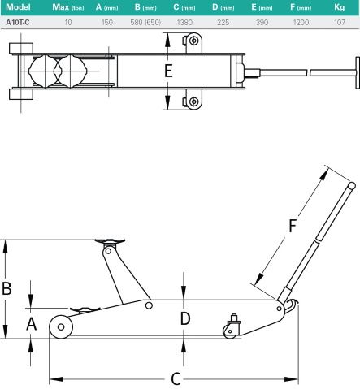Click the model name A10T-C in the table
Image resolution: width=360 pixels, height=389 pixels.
(x=18, y=23)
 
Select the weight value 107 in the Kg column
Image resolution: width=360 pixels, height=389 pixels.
(x=339, y=23)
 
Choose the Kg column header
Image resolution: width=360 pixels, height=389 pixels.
(x=339, y=7)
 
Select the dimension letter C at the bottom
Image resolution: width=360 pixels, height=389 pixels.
(x=175, y=378)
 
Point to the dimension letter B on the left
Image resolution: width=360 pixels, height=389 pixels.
(x=7, y=287)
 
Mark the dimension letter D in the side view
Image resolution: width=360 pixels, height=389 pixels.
(x=185, y=318)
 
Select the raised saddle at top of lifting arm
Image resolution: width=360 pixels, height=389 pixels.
(x=111, y=240)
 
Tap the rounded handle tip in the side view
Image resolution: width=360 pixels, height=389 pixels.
(x=350, y=187)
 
